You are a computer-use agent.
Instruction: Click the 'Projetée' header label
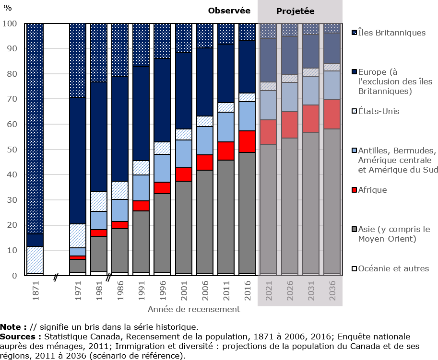(300, 11)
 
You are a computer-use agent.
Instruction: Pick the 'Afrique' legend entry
(372, 190)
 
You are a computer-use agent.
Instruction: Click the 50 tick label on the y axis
(12, 150)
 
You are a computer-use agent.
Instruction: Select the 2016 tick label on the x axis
(247, 290)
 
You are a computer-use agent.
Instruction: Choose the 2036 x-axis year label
(331, 290)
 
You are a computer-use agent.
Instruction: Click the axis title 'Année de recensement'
(194, 309)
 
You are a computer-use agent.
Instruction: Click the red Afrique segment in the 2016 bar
(247, 141)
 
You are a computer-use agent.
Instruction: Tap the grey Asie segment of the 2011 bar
(225, 216)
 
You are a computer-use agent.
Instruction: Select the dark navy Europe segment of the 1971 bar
(78, 161)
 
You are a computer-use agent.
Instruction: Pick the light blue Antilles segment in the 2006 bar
(204, 140)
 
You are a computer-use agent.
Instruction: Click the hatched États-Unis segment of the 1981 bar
(99, 201)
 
